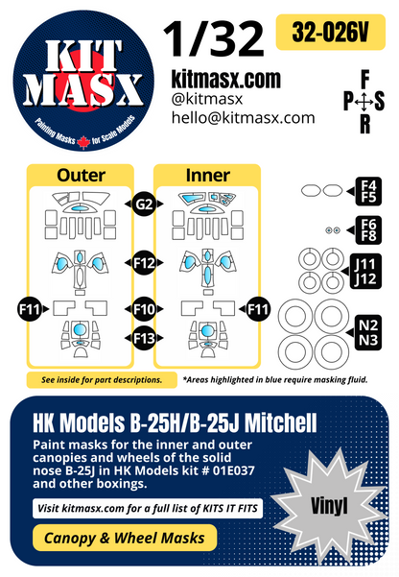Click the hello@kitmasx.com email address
[243, 117]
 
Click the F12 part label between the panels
[145, 262]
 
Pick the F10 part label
[145, 308]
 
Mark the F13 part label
[145, 337]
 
